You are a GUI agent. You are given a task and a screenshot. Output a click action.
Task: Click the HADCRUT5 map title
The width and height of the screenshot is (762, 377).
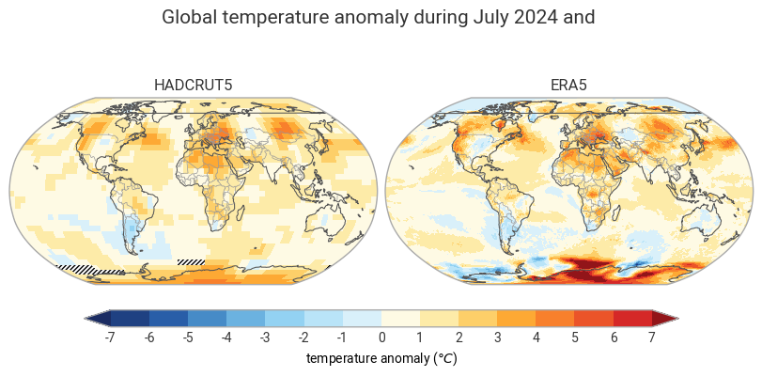[193, 86]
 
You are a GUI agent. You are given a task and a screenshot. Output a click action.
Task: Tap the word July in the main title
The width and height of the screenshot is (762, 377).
[486, 18]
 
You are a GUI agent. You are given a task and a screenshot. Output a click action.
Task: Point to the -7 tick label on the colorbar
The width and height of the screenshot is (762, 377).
[111, 338]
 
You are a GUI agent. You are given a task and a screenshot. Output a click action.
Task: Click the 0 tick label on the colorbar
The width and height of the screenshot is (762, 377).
[381, 338]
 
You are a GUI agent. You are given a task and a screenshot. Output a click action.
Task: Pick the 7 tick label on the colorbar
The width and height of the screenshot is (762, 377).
[652, 338]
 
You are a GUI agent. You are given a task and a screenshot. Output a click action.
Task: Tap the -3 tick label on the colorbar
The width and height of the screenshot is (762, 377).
[265, 338]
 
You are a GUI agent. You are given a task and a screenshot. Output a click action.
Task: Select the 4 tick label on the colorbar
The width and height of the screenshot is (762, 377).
[536, 338]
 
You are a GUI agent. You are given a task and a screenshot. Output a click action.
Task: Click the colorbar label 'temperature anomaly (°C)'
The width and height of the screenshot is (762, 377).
[381, 359]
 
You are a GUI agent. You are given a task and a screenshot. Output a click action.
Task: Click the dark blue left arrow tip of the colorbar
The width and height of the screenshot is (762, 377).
[86, 318]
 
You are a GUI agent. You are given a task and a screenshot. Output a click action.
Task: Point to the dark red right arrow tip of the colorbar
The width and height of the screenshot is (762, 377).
[677, 318]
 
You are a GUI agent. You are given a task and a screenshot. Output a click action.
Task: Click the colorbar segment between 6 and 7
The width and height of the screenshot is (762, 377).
[632, 318]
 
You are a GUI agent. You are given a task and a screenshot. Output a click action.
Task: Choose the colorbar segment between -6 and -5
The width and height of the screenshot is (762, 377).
[168, 318]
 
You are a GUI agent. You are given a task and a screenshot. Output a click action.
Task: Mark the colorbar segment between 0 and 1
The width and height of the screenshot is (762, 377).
[401, 318]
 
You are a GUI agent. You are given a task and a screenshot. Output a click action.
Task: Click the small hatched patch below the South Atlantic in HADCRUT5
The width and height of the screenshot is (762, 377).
[192, 262]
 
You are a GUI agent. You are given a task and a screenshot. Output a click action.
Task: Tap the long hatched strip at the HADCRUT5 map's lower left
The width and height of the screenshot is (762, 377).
[90, 270]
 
